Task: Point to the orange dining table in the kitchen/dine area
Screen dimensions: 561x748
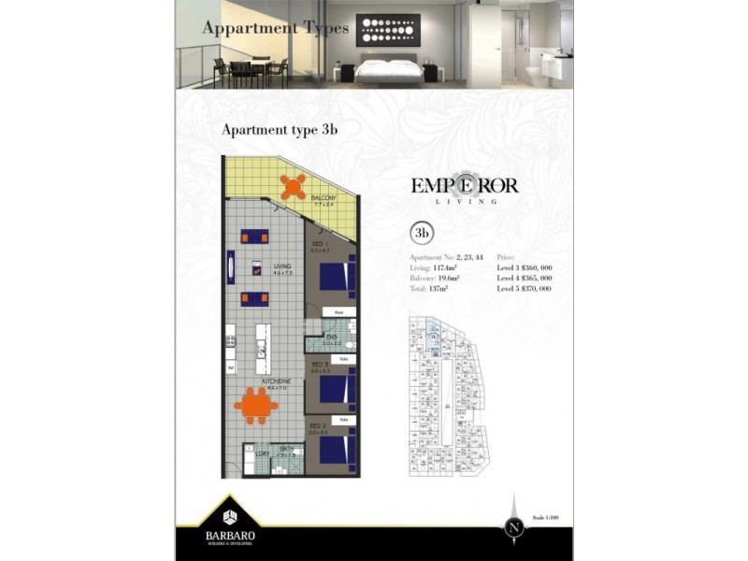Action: point(254,405)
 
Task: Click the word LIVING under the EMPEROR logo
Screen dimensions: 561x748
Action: point(465,201)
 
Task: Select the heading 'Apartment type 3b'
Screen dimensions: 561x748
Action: point(278,130)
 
